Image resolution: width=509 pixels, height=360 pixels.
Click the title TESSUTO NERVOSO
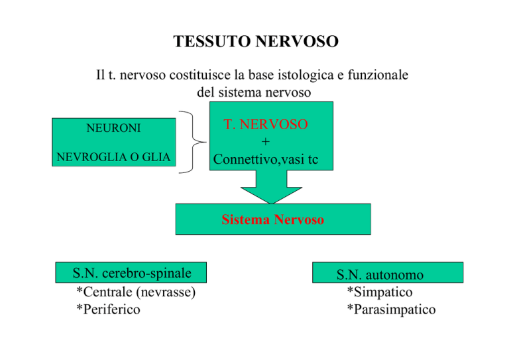coord(256,42)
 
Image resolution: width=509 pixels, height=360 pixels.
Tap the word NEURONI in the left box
coord(113,128)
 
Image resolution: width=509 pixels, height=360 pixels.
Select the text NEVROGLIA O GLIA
coord(113,157)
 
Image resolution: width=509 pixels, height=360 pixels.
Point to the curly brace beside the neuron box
coord(193,142)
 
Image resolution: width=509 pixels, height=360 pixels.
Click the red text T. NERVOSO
coord(266,125)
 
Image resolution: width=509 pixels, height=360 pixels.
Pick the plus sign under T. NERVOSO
coord(266,141)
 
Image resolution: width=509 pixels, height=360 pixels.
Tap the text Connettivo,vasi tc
coord(266,159)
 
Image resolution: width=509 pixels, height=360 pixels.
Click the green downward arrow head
coord(271,195)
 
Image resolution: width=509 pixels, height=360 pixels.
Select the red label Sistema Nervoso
coord(272,219)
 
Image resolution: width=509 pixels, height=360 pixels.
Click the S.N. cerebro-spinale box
coord(131,272)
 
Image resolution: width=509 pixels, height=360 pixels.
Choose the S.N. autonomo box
coord(388,272)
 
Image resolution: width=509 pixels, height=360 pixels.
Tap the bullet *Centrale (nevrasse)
coord(136,292)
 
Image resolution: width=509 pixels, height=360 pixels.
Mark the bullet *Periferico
coord(108,309)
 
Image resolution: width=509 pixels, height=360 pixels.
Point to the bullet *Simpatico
coord(380,292)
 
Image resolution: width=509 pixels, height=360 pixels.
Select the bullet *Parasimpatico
coord(391,309)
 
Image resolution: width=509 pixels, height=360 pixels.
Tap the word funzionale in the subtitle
coord(378,75)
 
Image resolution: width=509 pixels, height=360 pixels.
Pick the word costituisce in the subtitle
coord(199,75)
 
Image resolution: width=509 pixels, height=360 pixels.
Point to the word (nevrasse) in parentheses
coord(166,292)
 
